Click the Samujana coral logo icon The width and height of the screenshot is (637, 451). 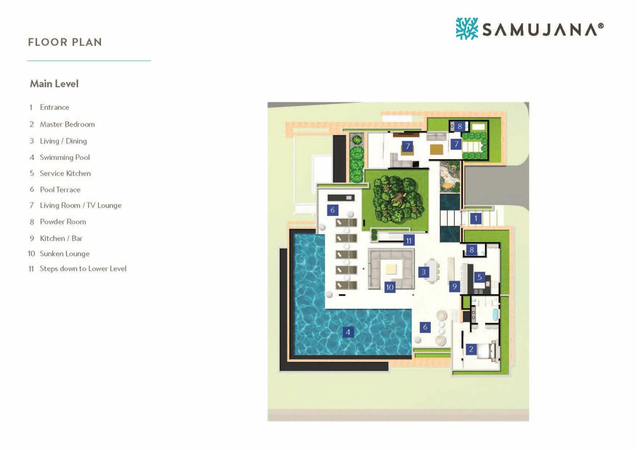(467, 28)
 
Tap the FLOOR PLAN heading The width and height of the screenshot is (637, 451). (65, 42)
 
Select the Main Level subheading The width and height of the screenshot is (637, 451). (54, 84)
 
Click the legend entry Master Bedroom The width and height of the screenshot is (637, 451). (67, 124)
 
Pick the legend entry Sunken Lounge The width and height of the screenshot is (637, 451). (65, 253)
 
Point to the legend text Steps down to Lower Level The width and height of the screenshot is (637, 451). (83, 269)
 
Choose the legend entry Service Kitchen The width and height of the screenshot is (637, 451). (65, 173)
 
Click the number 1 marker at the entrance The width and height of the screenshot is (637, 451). (476, 218)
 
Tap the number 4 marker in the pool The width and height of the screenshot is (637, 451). (348, 332)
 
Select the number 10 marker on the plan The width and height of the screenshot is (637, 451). (390, 287)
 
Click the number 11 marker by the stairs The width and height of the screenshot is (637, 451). (409, 241)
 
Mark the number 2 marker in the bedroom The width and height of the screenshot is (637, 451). (471, 349)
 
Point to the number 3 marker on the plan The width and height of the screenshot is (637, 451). (424, 272)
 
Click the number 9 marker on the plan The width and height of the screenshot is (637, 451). (455, 286)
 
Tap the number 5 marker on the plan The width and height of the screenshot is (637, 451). (480, 277)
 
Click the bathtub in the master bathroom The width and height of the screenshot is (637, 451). (495, 314)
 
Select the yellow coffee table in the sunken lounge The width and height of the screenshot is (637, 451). (391, 269)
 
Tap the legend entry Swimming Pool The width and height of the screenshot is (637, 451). (65, 157)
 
